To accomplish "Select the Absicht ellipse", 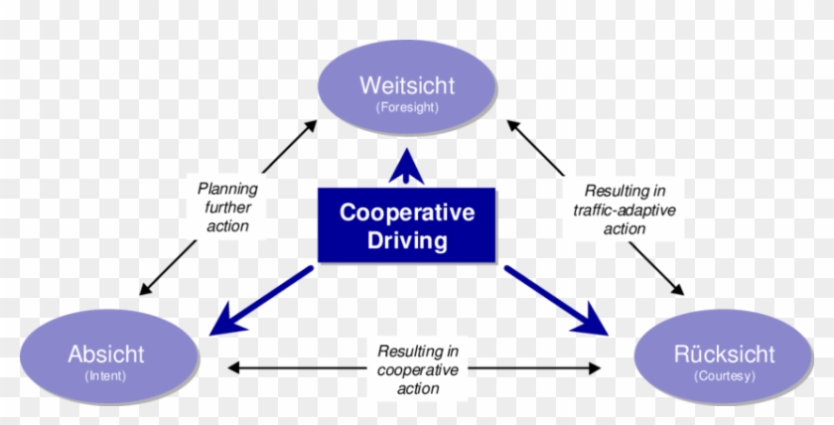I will coord(106,361).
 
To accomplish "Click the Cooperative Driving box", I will coord(407,225).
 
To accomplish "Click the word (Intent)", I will coord(106,377).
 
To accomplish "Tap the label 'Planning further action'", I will coord(227,207).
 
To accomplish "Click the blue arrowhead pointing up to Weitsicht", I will coord(406,164).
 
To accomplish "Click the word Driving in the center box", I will coord(407,240).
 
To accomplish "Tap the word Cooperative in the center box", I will coord(407,212).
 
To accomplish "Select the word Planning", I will coord(227,188).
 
